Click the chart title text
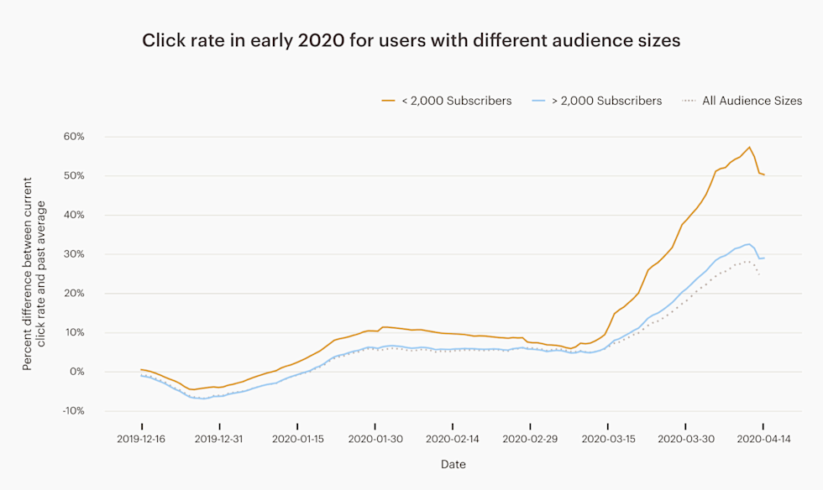point(411,41)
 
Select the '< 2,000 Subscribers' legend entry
point(446,101)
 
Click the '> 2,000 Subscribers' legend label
point(597,101)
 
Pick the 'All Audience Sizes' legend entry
point(742,101)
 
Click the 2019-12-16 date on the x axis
point(142,438)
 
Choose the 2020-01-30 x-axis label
point(375,438)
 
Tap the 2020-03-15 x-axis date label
point(609,438)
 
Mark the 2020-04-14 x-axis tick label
point(764,438)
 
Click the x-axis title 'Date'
point(453,464)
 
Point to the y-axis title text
point(34,274)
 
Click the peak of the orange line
point(749,148)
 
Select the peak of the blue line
point(748,244)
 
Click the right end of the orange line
point(764,175)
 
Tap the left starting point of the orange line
point(142,369)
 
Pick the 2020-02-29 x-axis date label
point(531,438)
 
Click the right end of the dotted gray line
point(759,275)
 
